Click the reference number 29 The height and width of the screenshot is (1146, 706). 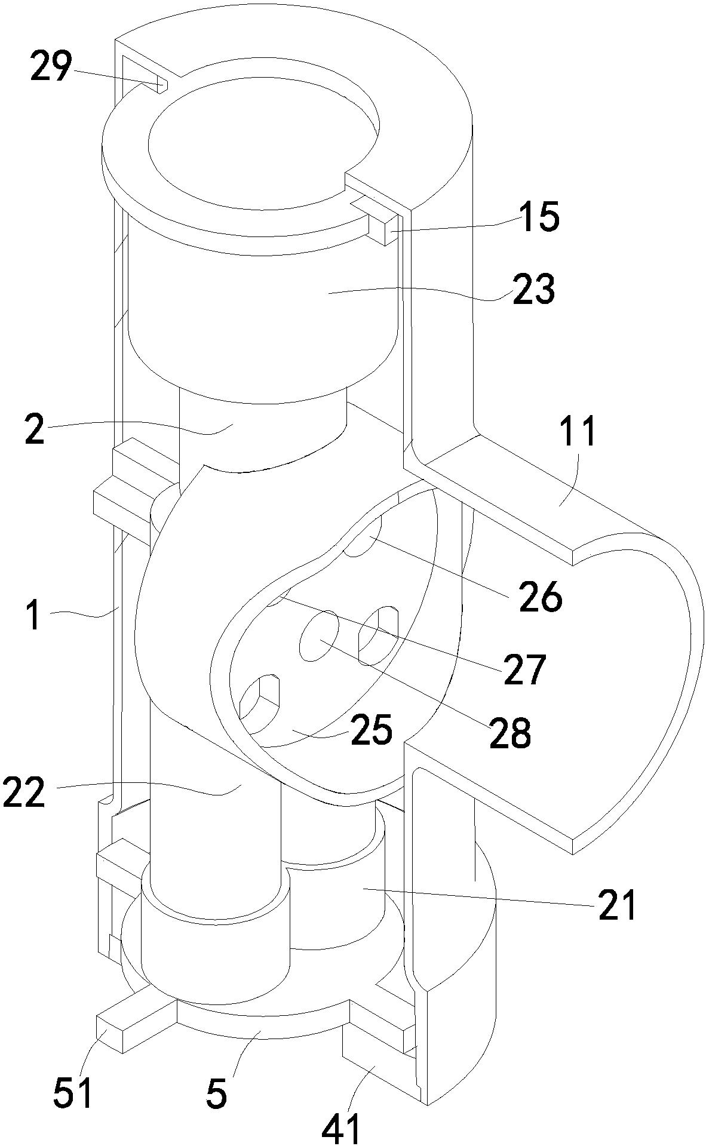coord(51,67)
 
